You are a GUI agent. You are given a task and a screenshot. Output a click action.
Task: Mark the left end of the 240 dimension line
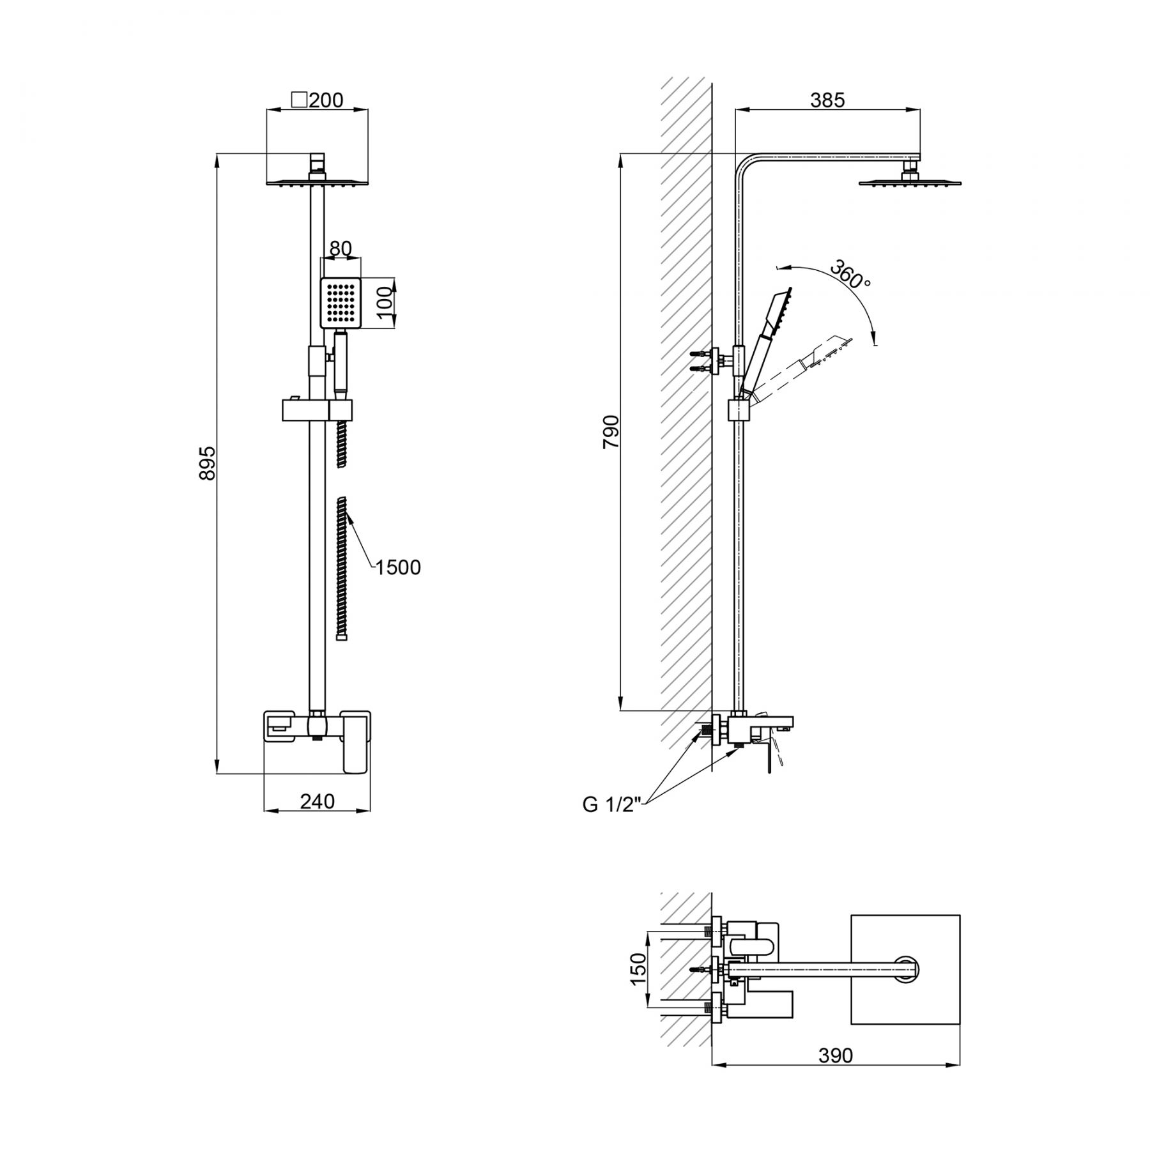pyautogui.click(x=264, y=812)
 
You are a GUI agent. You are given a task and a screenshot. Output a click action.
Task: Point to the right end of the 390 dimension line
pyautogui.click(x=960, y=1064)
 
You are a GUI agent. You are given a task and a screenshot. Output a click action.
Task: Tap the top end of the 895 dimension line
pyautogui.click(x=217, y=153)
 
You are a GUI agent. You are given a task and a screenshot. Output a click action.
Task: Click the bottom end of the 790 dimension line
pyautogui.click(x=621, y=710)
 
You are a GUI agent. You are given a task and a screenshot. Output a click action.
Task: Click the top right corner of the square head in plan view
pyautogui.click(x=960, y=916)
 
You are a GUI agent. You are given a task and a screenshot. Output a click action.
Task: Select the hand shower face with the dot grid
pyautogui.click(x=341, y=303)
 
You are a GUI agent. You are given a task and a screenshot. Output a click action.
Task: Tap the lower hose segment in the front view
pyautogui.click(x=342, y=567)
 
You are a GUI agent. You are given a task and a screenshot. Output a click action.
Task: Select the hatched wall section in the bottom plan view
pyautogui.click(x=686, y=978)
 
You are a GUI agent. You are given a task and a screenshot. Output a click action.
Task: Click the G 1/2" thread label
pyautogui.click(x=611, y=804)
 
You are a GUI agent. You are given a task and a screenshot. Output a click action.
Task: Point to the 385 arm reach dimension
pyautogui.click(x=827, y=100)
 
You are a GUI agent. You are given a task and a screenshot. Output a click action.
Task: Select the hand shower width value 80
pyautogui.click(x=341, y=248)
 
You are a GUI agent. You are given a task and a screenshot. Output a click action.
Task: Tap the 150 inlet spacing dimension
pyautogui.click(x=639, y=969)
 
